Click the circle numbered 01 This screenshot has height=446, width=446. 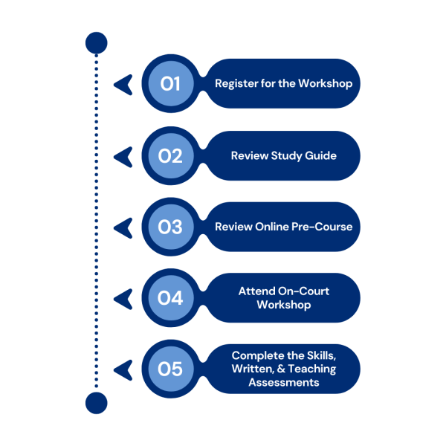tap(170, 84)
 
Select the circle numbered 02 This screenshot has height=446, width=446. tap(170, 155)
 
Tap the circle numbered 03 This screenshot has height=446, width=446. tap(170, 227)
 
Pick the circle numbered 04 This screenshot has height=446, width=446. tap(170, 298)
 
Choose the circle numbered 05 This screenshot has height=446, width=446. tap(170, 369)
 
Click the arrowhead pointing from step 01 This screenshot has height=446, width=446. tap(123, 84)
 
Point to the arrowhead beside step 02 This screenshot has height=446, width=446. tap(123, 155)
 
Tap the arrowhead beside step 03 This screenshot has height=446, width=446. tap(123, 227)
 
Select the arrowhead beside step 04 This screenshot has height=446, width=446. tap(123, 298)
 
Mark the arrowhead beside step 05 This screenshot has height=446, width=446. tap(123, 369)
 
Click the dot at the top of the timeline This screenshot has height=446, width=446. tap(97, 43)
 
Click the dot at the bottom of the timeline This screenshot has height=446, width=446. tap(97, 404)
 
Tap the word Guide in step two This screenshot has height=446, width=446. tap(321, 155)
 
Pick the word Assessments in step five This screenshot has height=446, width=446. tap(284, 383)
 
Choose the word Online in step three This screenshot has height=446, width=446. tap(269, 227)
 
